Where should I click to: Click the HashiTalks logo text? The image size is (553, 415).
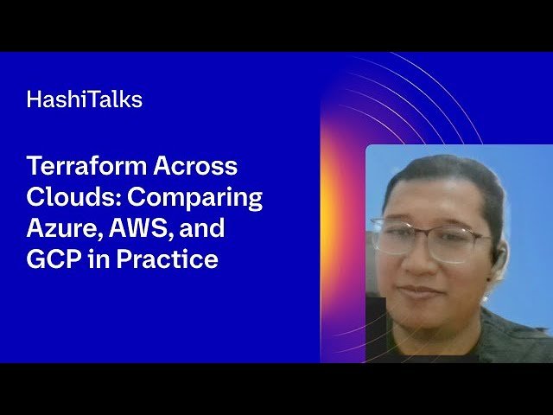coord(84,99)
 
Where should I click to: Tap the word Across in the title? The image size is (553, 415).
coord(194,166)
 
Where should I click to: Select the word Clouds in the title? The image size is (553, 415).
coord(73,197)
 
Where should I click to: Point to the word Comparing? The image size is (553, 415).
coord(194,197)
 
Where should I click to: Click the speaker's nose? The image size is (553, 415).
coord(421,259)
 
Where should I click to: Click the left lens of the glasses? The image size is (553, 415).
coord(393,236)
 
